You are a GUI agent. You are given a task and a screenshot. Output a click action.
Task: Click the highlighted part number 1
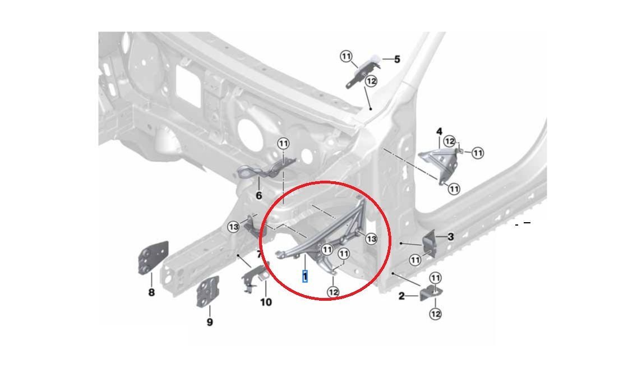[x=305, y=277]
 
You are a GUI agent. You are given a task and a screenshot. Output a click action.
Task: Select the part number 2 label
[x=401, y=296]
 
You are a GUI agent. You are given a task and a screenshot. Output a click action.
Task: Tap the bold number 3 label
[x=450, y=237]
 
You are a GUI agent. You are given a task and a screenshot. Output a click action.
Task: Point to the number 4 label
[x=439, y=132]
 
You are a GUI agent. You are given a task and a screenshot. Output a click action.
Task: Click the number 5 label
[x=397, y=59]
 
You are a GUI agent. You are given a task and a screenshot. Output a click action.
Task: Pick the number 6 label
[x=259, y=196]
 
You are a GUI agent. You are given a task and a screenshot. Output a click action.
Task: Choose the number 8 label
[x=151, y=292]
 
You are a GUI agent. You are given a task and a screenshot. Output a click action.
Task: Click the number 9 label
[x=210, y=322]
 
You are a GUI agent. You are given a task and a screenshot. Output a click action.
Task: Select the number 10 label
[x=266, y=302]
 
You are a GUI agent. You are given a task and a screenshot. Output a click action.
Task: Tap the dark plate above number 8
[x=153, y=258]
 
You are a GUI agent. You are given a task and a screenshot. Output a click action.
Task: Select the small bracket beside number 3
[x=430, y=243]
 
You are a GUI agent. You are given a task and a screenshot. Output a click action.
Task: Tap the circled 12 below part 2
[x=435, y=314]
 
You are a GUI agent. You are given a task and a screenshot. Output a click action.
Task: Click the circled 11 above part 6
[x=283, y=144]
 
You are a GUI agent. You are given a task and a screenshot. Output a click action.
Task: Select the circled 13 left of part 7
[x=233, y=227]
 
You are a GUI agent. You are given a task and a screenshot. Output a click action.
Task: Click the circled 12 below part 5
[x=371, y=81]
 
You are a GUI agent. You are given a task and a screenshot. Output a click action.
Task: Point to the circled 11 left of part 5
[x=346, y=56]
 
